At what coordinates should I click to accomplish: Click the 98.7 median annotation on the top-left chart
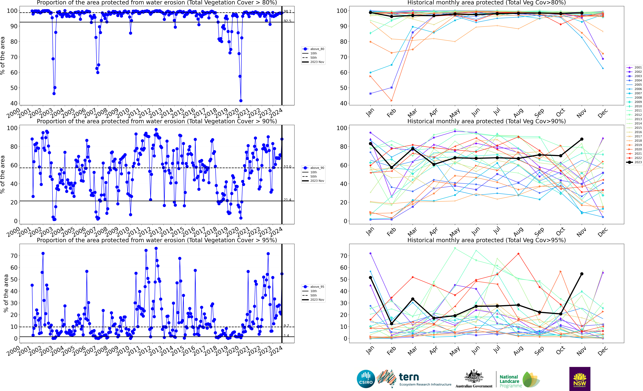[x=287, y=11]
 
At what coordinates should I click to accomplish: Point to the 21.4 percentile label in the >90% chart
[x=287, y=200]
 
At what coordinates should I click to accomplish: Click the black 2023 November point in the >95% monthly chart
[x=582, y=274]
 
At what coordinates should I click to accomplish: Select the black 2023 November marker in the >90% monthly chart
[x=582, y=139]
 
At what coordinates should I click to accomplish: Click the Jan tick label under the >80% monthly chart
[x=370, y=113]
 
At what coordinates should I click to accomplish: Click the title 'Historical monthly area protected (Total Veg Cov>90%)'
[x=486, y=121]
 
